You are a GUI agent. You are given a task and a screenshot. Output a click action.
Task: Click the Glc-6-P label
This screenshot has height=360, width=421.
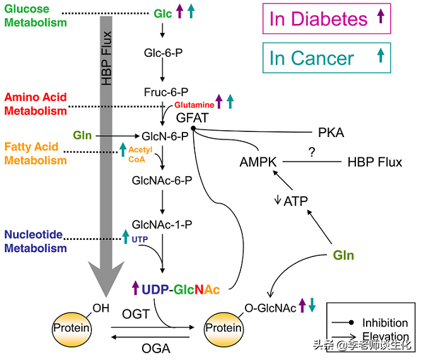[163, 53]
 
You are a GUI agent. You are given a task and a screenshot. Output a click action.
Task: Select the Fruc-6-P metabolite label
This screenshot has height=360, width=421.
[166, 92]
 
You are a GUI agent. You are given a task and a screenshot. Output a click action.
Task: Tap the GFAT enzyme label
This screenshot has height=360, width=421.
[193, 118]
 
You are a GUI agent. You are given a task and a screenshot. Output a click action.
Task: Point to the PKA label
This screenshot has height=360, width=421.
[331, 133]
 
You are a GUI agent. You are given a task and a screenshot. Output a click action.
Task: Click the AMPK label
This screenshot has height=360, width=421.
[258, 162]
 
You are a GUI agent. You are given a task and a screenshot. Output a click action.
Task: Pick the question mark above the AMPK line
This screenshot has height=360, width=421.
[312, 152]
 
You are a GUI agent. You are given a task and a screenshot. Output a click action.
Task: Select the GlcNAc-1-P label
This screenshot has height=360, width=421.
[162, 225]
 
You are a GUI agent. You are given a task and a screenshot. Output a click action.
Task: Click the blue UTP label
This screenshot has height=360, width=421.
[139, 239]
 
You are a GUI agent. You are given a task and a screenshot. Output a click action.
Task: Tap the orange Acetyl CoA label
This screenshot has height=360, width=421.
[140, 155]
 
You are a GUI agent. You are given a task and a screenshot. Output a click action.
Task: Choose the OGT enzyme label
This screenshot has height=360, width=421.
[136, 314]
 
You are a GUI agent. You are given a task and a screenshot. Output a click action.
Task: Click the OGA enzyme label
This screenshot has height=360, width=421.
[156, 349]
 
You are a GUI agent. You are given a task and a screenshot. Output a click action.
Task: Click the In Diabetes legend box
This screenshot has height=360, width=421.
[326, 18]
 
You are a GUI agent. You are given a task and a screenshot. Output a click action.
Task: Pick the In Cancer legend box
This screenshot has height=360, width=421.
[326, 57]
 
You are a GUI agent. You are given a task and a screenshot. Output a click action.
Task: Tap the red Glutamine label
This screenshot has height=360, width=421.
[194, 105]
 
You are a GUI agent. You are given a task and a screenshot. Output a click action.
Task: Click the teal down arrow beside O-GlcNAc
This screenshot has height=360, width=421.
[312, 305]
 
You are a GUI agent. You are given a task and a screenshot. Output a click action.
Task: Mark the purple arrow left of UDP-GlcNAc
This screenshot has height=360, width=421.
[136, 288]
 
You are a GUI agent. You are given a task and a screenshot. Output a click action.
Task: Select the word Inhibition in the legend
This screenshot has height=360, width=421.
[385, 323]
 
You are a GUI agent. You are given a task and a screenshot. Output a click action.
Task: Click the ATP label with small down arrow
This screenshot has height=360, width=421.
[292, 201]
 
